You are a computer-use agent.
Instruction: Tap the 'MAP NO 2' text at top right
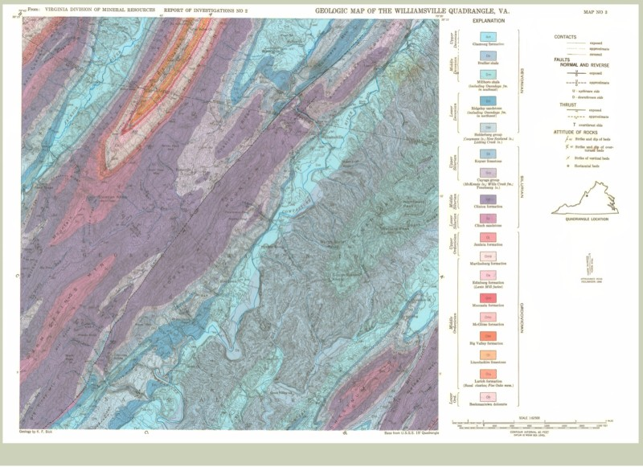(600, 12)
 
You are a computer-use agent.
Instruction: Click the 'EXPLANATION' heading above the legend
(483, 20)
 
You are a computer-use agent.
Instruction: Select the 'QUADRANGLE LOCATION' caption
(586, 219)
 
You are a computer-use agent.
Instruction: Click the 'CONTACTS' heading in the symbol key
(567, 37)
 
